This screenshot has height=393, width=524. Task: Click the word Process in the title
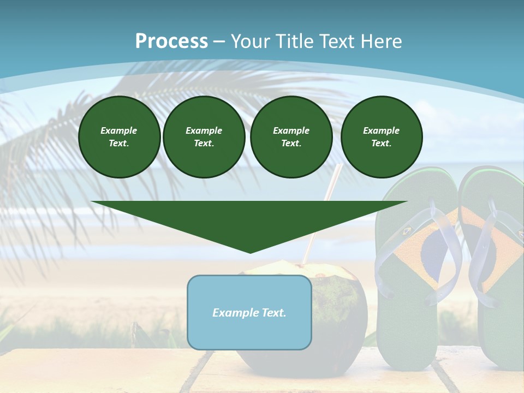(x=171, y=41)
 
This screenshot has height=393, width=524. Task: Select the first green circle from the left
(x=119, y=137)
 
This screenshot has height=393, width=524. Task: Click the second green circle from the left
(x=204, y=137)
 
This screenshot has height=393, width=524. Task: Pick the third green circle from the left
(x=291, y=137)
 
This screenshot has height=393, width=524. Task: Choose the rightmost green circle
(x=381, y=137)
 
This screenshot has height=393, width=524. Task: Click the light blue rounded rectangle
(x=249, y=333)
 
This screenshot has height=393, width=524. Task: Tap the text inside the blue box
(x=249, y=313)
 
